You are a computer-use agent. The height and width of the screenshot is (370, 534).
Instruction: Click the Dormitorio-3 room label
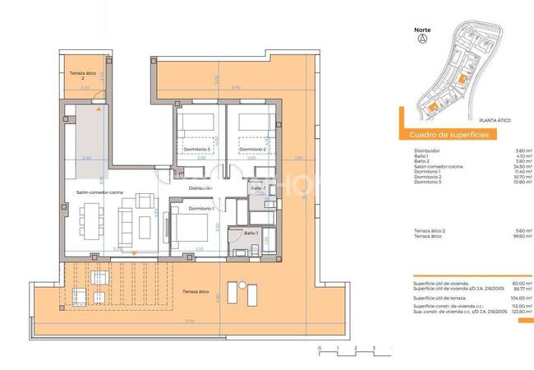click(x=198, y=149)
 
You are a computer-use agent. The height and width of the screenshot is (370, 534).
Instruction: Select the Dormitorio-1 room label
click(x=202, y=208)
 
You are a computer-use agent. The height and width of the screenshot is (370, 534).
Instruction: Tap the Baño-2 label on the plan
click(x=258, y=187)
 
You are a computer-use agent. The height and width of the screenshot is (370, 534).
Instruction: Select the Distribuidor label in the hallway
click(x=201, y=188)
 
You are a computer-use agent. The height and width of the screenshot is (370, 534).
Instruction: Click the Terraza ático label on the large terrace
click(x=196, y=291)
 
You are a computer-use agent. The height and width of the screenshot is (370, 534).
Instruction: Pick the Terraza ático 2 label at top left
click(x=77, y=76)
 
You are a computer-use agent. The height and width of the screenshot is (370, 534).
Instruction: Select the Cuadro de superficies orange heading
click(x=444, y=134)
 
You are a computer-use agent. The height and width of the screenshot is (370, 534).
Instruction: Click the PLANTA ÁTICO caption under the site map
click(x=495, y=121)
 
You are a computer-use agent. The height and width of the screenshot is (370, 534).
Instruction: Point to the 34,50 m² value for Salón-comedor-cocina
click(x=522, y=166)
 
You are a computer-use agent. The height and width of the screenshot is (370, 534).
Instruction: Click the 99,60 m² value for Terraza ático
click(x=522, y=237)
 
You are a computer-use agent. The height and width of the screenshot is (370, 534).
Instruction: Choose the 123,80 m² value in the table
click(x=521, y=311)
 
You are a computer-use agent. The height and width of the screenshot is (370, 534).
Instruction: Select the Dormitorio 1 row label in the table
click(x=428, y=171)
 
